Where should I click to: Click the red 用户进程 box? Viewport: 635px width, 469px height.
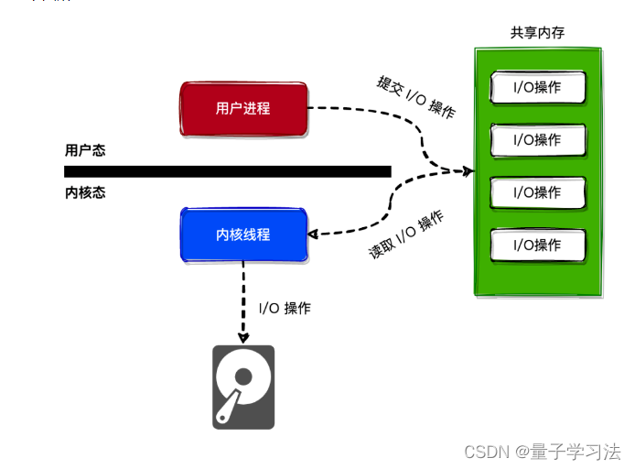coord(243,108)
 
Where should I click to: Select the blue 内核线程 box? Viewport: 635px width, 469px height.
coord(243,234)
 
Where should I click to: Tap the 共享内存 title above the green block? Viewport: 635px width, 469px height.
coord(537,33)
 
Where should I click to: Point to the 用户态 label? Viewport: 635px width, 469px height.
coord(85,150)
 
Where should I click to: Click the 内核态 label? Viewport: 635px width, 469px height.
coord(85,192)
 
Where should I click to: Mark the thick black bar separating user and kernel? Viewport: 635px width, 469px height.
coord(228,171)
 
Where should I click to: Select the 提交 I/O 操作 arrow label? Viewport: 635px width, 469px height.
coord(415,96)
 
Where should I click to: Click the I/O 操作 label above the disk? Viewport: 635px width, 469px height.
coord(285,308)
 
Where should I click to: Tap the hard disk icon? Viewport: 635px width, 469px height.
coord(243,387)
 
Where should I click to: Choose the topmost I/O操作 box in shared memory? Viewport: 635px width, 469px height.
coord(538,88)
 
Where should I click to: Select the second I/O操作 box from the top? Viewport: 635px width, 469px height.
coord(538,140)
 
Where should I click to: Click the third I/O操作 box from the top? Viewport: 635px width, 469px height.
coord(538,192)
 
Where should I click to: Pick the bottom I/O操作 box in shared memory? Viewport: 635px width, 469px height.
coord(538,245)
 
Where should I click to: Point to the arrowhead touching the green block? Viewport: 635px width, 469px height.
coord(468,171)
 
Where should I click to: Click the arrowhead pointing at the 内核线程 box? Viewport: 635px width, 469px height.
coord(313,234)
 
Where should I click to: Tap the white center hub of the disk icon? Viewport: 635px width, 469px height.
coord(242,376)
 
